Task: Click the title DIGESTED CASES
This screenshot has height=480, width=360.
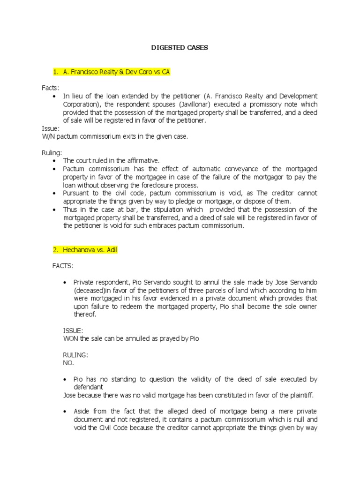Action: [180, 48]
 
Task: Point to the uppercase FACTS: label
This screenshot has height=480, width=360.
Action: [63, 266]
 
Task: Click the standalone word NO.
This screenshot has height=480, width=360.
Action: [68, 363]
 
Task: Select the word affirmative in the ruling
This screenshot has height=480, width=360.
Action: [142, 160]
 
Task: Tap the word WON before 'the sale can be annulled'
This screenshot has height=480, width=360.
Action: [70, 338]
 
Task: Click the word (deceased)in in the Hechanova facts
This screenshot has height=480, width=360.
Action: [95, 290]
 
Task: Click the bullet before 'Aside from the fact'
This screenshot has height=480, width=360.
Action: [66, 411]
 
